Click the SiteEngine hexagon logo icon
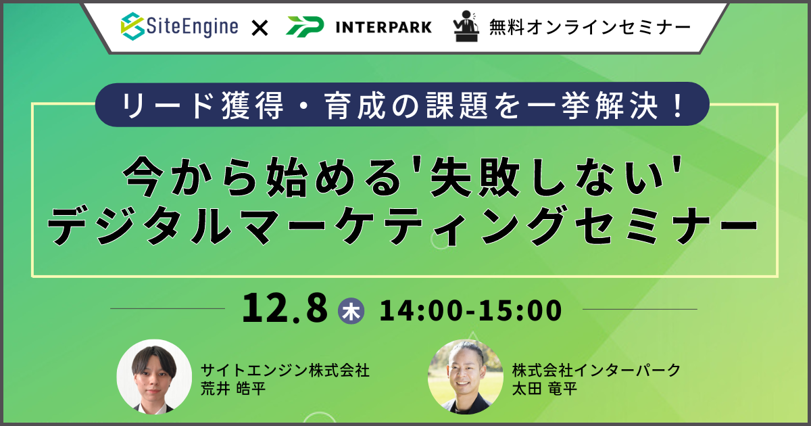[132, 26]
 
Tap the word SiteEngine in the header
[192, 26]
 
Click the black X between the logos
[260, 28]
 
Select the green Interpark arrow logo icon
[305, 26]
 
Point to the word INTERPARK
[384, 27]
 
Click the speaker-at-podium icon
[466, 26]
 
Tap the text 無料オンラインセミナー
[590, 27]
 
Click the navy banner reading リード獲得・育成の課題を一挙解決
[402, 105]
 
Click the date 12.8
[285, 309]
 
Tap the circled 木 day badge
[351, 310]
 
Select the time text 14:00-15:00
[470, 310]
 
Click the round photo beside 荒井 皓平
[154, 377]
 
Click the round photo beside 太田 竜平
[465, 377]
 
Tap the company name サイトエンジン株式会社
[285, 371]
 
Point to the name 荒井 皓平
[233, 389]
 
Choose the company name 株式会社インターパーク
[596, 371]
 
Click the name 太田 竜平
[545, 389]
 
